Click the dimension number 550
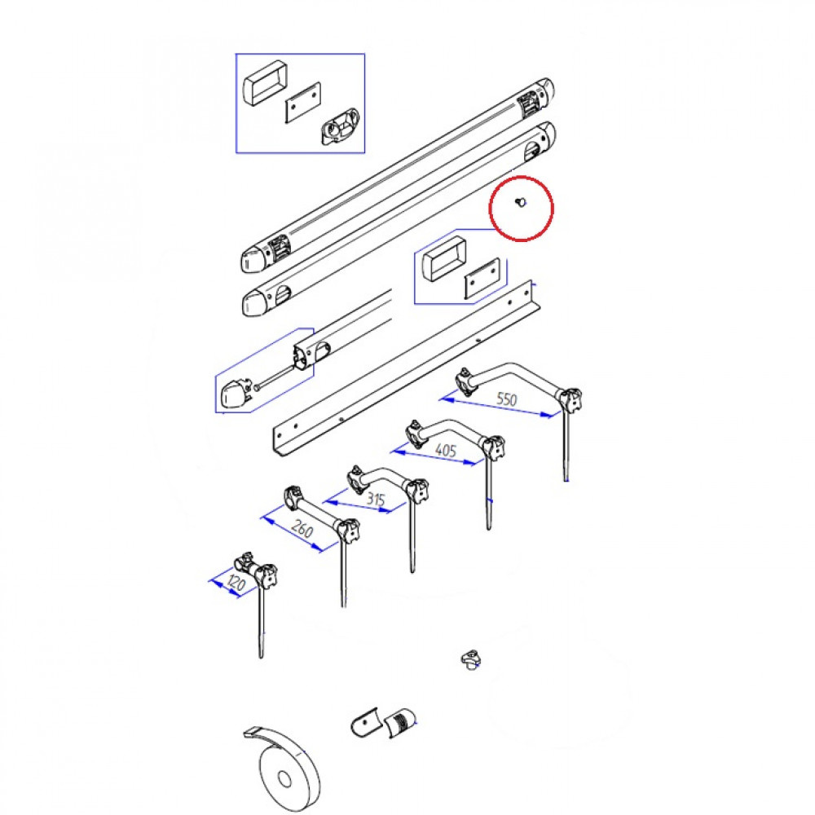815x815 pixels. click(x=507, y=399)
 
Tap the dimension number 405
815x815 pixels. click(x=446, y=450)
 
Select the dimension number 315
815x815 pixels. click(x=376, y=500)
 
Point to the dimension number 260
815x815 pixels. click(x=302, y=529)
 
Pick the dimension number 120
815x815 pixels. click(x=236, y=584)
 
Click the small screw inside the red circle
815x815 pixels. click(x=520, y=201)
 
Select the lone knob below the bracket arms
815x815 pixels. click(x=471, y=659)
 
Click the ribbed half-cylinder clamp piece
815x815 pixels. click(x=400, y=721)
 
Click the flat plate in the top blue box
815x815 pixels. click(x=303, y=103)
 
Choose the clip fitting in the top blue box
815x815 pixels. click(x=339, y=126)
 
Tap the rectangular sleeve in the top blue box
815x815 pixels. click(x=266, y=84)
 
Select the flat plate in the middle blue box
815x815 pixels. click(x=482, y=278)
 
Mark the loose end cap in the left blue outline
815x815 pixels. click(x=235, y=394)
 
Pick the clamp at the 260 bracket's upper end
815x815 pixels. click(x=294, y=497)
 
